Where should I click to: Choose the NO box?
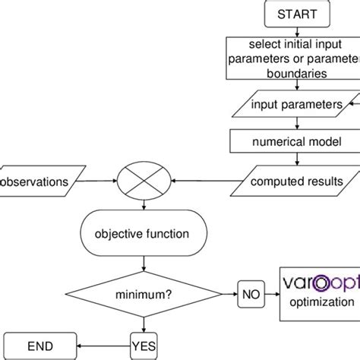point(249,292)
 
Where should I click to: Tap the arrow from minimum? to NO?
point(219,292)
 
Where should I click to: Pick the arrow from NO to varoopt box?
point(272,292)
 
